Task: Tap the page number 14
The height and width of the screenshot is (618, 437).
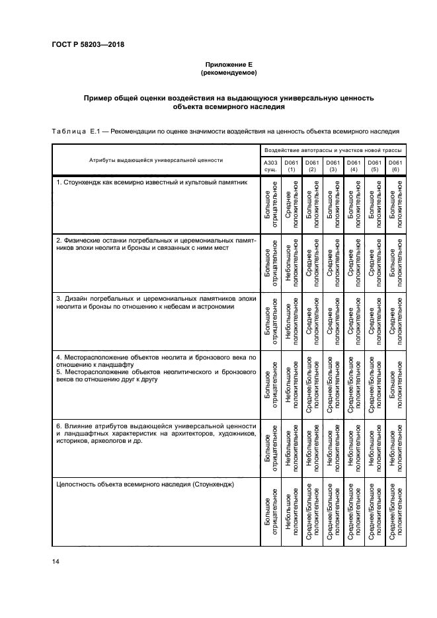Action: point(55,561)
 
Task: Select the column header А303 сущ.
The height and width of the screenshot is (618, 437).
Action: point(271,165)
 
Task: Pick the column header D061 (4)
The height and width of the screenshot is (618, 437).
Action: point(354,165)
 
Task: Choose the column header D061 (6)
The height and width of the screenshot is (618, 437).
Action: point(395,165)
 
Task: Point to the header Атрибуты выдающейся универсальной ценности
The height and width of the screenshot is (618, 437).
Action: point(156,160)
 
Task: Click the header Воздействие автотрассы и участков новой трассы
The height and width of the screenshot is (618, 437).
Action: point(333,151)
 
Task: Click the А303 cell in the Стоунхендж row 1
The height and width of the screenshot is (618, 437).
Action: point(271,205)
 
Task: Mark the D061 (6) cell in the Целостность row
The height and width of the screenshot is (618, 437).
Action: point(395,514)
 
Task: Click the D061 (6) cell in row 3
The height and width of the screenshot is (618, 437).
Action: point(395,321)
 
